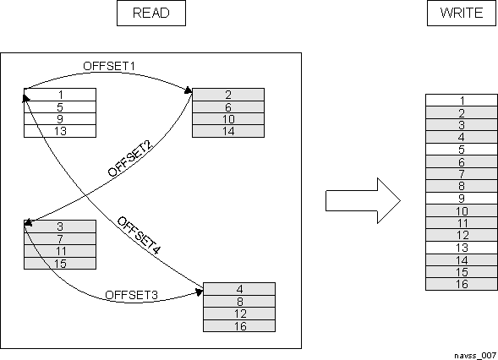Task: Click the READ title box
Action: tap(150, 14)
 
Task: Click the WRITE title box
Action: tap(462, 14)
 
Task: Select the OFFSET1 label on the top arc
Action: tap(109, 65)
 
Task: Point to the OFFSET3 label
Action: tap(132, 295)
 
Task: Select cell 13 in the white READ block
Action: tap(60, 130)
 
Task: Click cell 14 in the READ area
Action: tap(228, 130)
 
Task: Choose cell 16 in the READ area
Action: tap(239, 326)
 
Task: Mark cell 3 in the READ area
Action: tap(60, 226)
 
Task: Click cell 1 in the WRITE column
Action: tap(461, 101)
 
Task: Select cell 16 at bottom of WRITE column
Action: tap(461, 285)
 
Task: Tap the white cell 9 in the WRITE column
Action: tap(461, 199)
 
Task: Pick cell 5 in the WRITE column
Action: tap(461, 150)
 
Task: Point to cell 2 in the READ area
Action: tap(228, 95)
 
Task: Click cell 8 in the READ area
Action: tap(239, 302)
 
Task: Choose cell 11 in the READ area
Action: tap(60, 251)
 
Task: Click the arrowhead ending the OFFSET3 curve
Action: tap(200, 290)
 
